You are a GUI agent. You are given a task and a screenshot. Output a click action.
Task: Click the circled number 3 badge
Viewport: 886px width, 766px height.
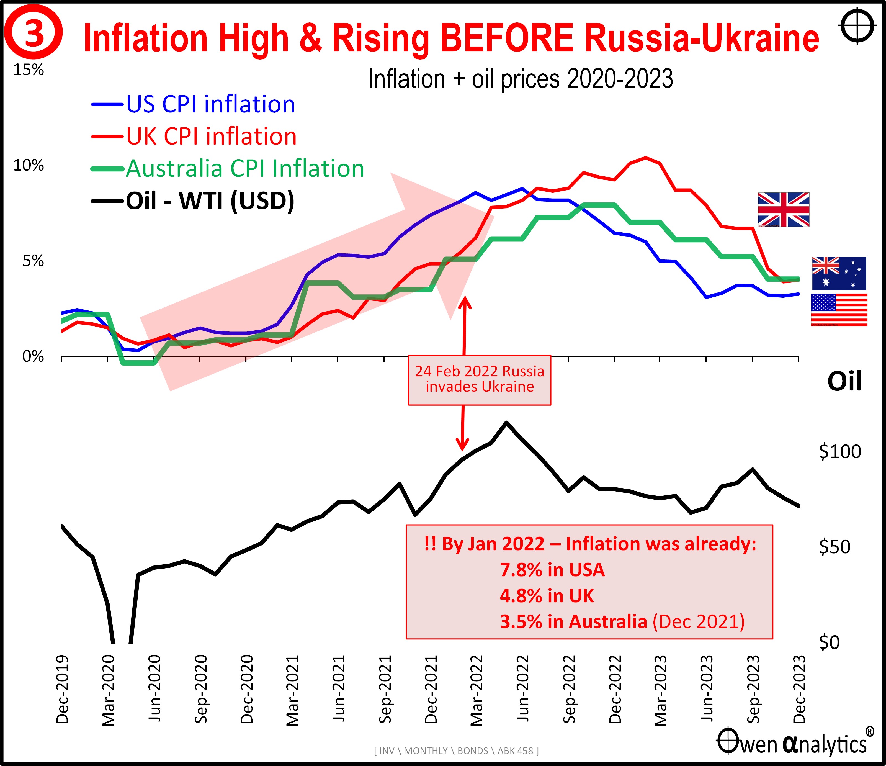pos(33,33)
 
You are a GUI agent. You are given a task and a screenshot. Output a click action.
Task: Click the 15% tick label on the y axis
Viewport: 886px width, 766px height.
pos(29,70)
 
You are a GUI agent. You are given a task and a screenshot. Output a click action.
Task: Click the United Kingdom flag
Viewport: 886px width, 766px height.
pos(783,210)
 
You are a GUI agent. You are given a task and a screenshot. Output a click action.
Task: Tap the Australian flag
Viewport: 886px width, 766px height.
pos(839,274)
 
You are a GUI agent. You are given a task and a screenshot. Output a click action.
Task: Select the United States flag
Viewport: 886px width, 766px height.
pos(839,310)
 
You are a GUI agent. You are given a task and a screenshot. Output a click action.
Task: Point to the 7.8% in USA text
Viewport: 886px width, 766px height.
pos(552,570)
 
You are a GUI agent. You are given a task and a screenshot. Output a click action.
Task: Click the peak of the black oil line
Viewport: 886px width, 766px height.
pos(507,423)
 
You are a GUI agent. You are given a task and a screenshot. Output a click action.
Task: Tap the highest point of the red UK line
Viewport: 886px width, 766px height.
pos(645,157)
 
